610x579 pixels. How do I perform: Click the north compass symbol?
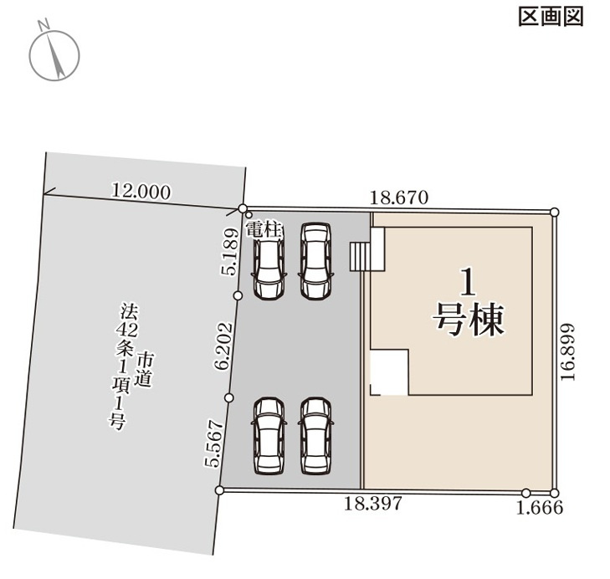(55, 54)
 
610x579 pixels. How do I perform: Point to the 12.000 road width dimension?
(141, 191)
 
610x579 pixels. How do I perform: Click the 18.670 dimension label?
(399, 197)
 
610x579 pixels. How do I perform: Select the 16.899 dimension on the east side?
(568, 353)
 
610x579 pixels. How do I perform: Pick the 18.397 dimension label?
(374, 504)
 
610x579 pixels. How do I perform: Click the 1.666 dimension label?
(541, 507)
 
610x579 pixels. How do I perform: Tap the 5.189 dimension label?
(230, 252)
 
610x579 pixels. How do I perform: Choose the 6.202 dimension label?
(222, 346)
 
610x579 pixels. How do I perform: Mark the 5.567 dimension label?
(212, 443)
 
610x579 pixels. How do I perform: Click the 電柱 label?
(265, 230)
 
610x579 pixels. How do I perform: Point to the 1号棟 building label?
(469, 303)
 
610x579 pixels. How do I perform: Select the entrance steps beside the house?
(361, 256)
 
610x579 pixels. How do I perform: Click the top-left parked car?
(269, 262)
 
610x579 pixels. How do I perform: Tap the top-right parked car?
(315, 261)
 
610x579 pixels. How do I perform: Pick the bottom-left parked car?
(268, 435)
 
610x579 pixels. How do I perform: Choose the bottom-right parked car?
(315, 435)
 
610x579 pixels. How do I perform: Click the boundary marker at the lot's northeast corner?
(554, 210)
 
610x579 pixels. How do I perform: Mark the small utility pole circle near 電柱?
(249, 217)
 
